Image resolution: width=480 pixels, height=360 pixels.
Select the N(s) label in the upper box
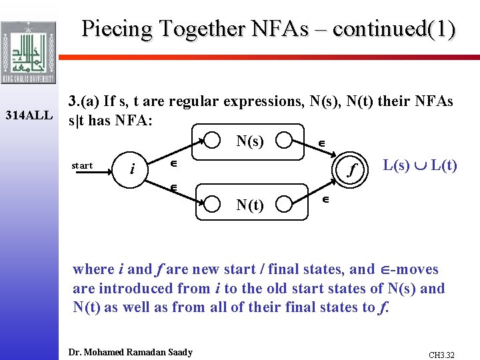[250, 141]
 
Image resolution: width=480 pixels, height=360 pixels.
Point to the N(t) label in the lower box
[250, 205]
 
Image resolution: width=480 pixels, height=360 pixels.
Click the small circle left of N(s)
[212, 140]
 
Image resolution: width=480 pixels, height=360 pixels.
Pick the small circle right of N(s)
[285, 141]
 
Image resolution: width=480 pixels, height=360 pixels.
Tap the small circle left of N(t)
[212, 203]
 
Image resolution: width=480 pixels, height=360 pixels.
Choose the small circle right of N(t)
[285, 203]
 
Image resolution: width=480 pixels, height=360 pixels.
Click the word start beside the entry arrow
[83, 165]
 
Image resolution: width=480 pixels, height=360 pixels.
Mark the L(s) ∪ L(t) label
[420, 165]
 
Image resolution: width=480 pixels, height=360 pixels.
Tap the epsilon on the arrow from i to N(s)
[173, 163]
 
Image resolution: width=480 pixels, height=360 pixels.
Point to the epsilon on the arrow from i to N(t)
[173, 189]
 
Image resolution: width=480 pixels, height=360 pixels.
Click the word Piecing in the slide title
[117, 29]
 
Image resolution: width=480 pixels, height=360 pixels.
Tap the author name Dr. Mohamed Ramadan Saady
[131, 352]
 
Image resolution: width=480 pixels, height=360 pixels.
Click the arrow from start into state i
[101, 171]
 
